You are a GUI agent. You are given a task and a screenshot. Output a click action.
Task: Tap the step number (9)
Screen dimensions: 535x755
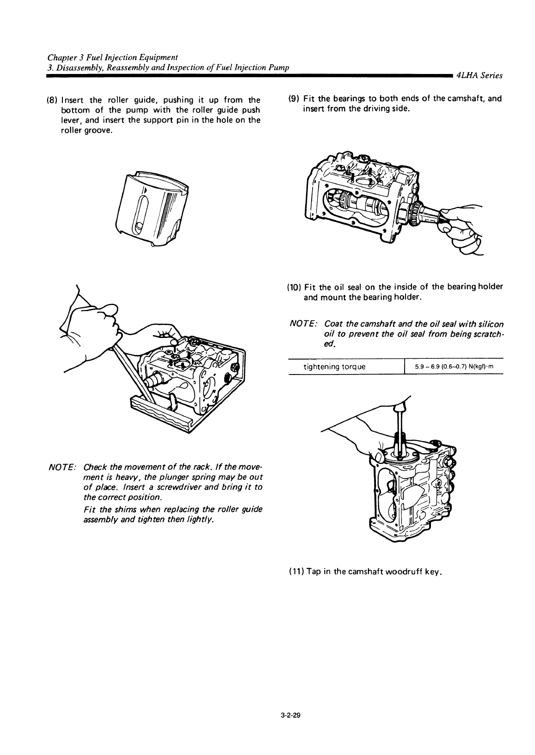(294, 99)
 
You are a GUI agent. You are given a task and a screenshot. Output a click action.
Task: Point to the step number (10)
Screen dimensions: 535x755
(294, 287)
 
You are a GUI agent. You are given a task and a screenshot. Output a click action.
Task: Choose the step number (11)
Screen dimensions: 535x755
(297, 572)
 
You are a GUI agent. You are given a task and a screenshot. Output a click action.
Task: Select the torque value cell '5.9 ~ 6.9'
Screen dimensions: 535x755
(454, 367)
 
